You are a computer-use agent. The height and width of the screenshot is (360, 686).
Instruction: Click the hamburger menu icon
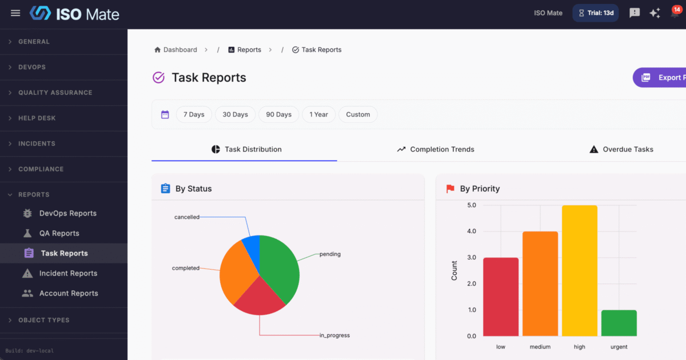pyautogui.click(x=15, y=13)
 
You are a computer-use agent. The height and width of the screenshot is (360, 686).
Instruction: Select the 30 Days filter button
pyautogui.click(x=235, y=114)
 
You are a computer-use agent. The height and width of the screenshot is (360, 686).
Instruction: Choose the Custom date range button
pyautogui.click(x=358, y=114)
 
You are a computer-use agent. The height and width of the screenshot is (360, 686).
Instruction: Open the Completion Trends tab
pyautogui.click(x=436, y=149)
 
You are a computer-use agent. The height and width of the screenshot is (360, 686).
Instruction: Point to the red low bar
pyautogui.click(x=501, y=297)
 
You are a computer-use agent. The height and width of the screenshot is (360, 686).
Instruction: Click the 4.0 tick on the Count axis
pyautogui.click(x=472, y=231)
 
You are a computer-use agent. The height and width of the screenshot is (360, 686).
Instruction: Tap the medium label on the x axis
pyautogui.click(x=540, y=347)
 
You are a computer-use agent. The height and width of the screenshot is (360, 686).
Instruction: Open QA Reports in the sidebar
pyautogui.click(x=59, y=233)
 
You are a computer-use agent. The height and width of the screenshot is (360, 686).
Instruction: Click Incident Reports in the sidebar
pyautogui.click(x=68, y=273)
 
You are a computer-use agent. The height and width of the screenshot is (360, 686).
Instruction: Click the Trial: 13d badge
pyautogui.click(x=596, y=13)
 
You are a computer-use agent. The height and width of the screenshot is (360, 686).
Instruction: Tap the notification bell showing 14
pyautogui.click(x=675, y=13)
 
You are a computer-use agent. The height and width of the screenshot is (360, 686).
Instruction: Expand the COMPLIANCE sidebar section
pyautogui.click(x=41, y=169)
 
